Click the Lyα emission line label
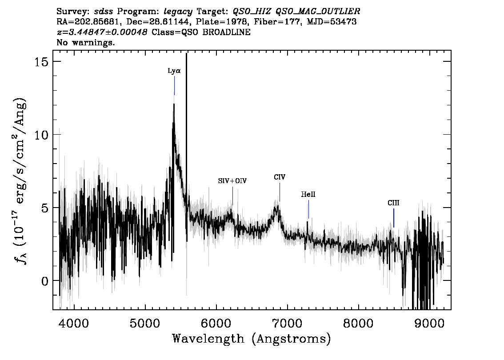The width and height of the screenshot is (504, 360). pos(174,71)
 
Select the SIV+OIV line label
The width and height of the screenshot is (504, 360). pos(232,181)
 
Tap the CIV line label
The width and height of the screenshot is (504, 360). pos(280,177)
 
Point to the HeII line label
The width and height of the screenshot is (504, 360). pos(308,195)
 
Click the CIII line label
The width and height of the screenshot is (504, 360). pos(393,203)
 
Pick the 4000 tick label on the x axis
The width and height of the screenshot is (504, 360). pos(74,323)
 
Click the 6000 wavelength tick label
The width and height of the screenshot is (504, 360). pos(216,323)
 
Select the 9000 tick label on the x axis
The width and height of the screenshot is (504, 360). pos(429,323)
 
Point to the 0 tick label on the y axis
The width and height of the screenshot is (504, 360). pos(45,281)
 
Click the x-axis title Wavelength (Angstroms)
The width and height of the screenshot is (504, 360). pos(252,339)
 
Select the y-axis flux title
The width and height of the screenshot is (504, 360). pos(20,180)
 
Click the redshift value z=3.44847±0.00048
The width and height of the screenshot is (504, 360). pos(102,32)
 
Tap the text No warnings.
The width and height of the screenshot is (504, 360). pos(85,42)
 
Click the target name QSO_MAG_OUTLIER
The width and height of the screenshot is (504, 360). pos(318,12)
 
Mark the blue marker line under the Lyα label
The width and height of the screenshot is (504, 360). pos(175,85)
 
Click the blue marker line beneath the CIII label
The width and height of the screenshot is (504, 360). pos(394,218)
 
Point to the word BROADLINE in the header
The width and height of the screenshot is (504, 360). pos(226,32)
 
